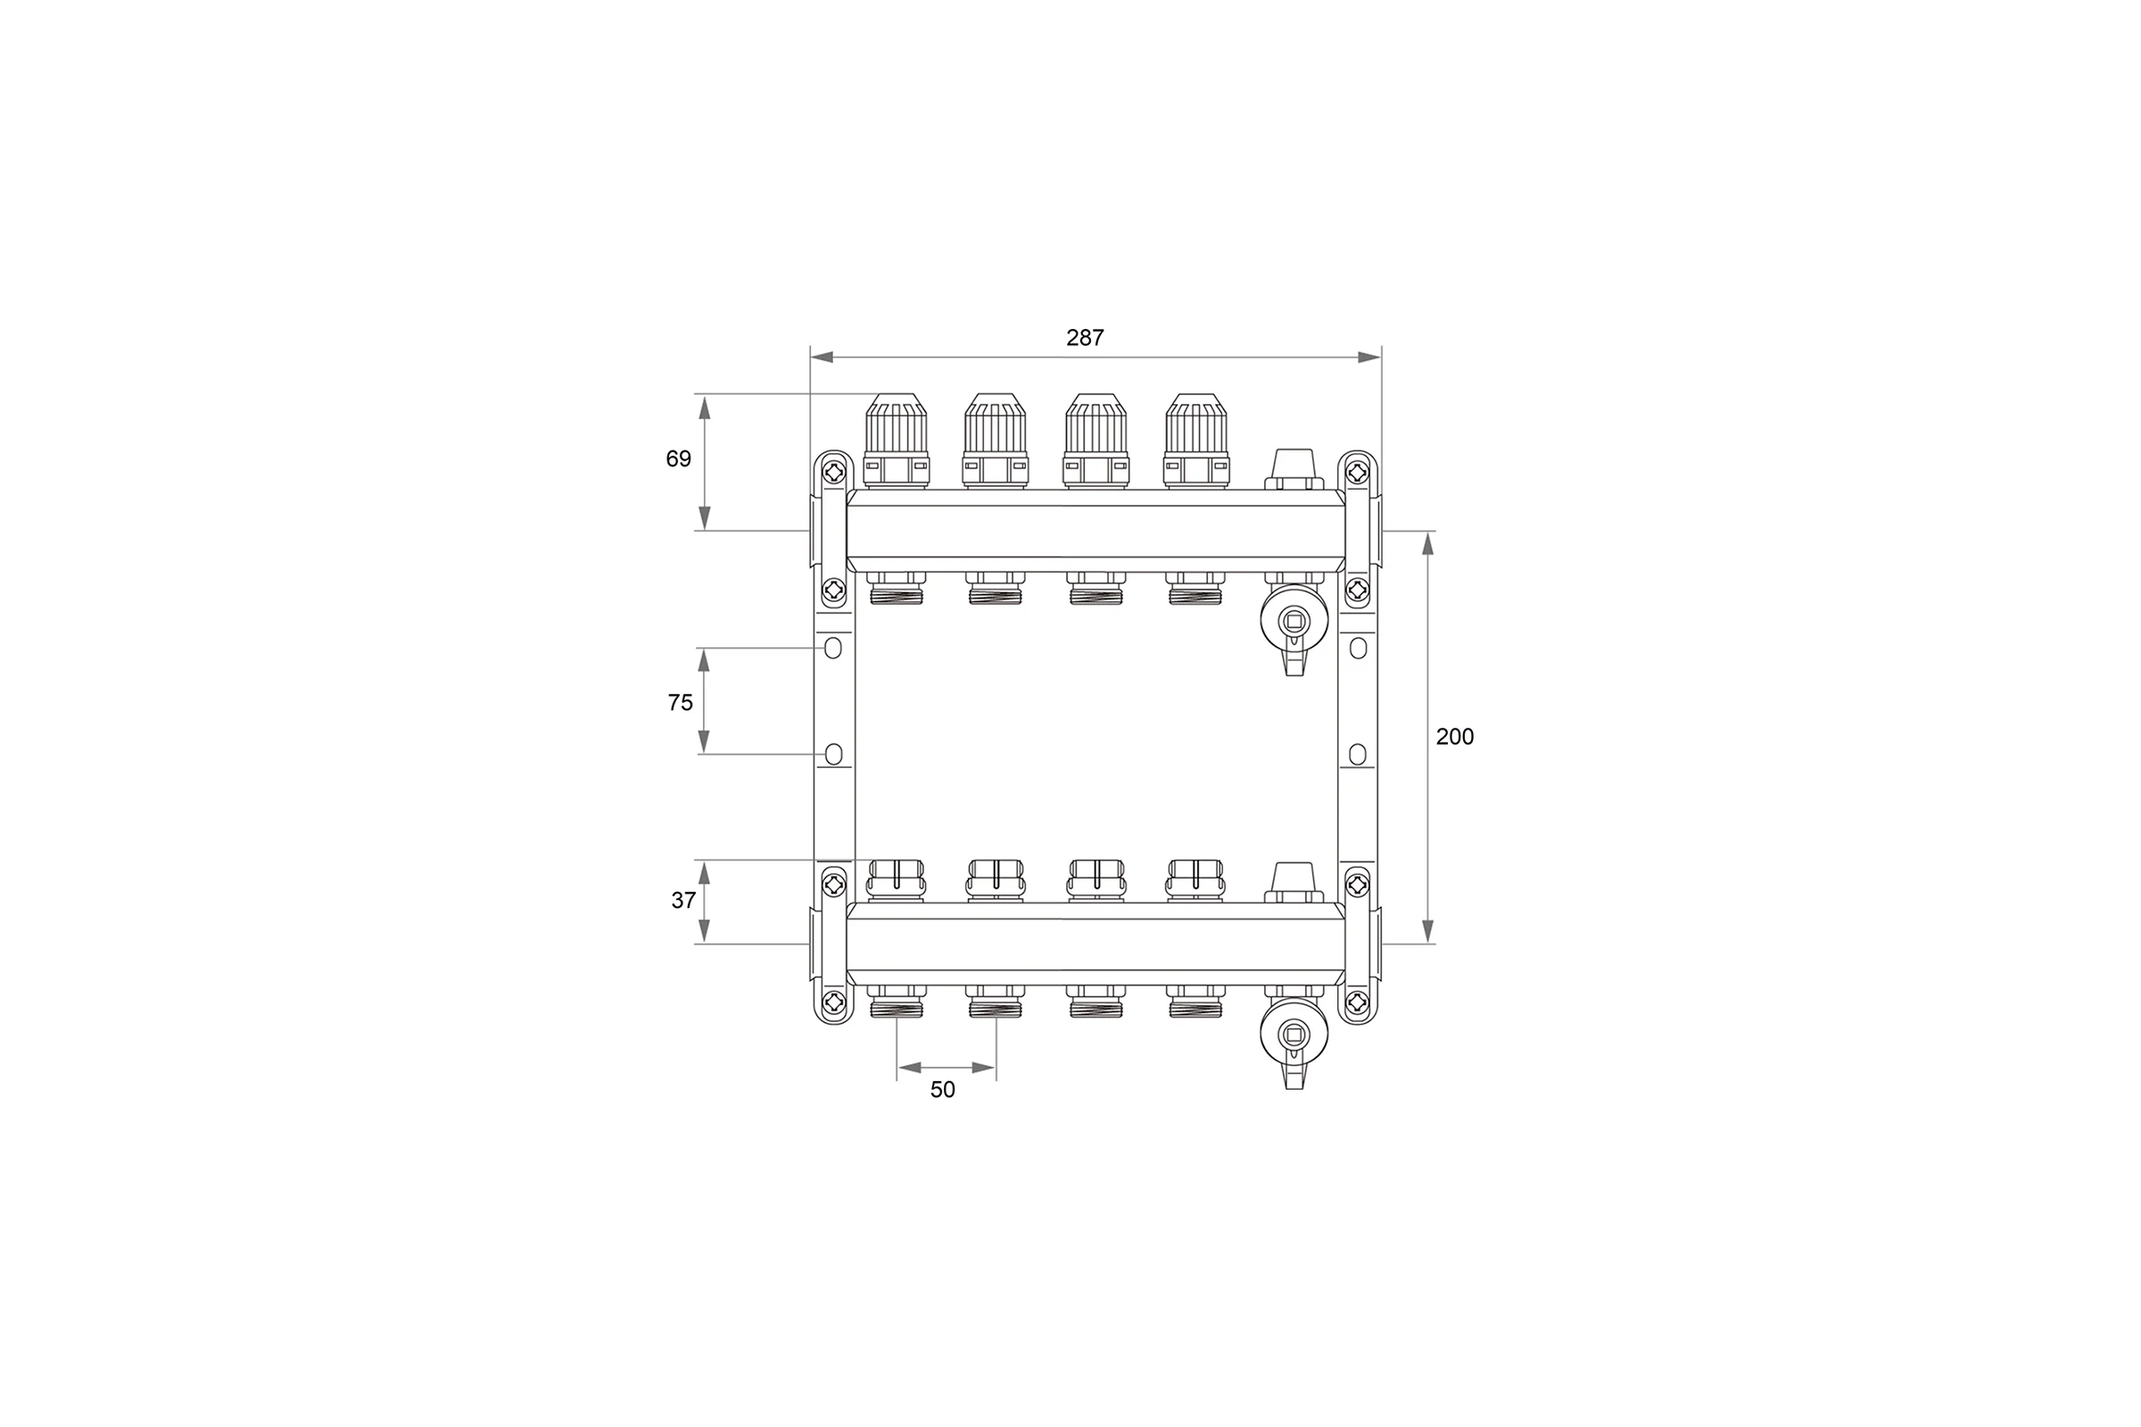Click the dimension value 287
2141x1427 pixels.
click(x=1085, y=338)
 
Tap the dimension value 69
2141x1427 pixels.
click(x=678, y=458)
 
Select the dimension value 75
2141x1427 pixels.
click(x=680, y=703)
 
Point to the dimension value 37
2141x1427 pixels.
click(x=683, y=900)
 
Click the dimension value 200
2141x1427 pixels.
click(x=1455, y=737)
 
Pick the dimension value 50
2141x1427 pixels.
click(x=943, y=1089)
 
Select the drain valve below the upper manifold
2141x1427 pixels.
click(x=1294, y=627)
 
